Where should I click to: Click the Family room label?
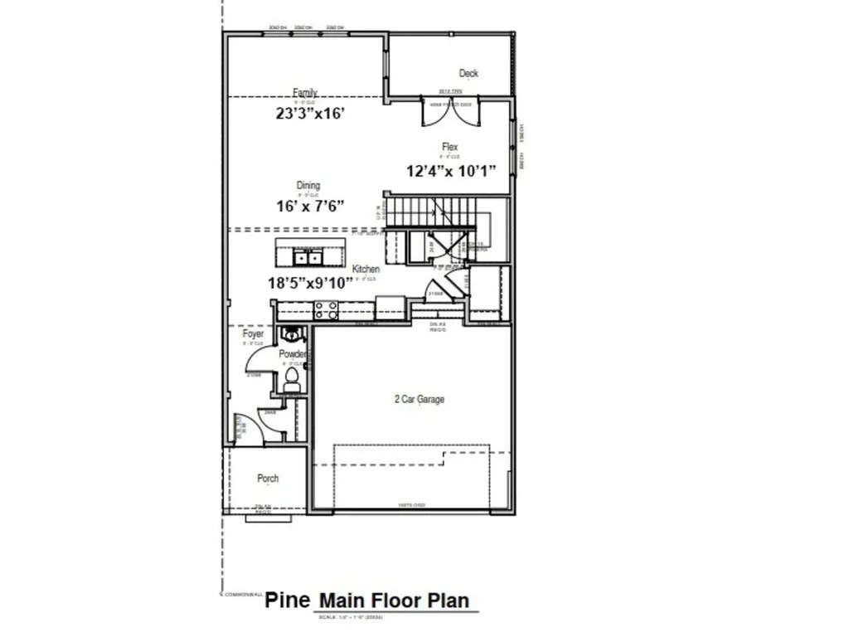click(x=305, y=93)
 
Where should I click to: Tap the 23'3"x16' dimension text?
click(x=310, y=114)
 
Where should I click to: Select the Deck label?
click(x=468, y=74)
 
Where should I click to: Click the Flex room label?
click(x=449, y=148)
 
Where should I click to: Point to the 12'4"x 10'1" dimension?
click(x=451, y=171)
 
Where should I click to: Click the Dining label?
click(x=308, y=186)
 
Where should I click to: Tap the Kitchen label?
click(x=366, y=270)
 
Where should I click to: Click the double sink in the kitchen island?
click(x=304, y=255)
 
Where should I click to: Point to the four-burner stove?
click(x=327, y=310)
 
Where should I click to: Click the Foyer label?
click(x=253, y=334)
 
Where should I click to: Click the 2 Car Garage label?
click(x=419, y=399)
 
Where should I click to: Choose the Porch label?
click(x=268, y=479)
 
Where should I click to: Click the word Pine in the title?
click(x=288, y=601)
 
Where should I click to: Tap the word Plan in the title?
click(x=447, y=601)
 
